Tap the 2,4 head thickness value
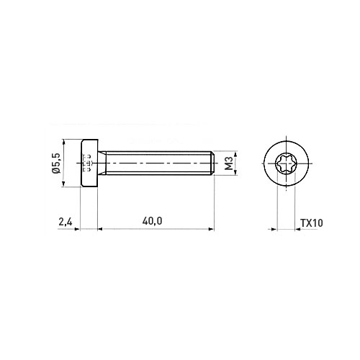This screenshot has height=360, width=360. (x=66, y=222)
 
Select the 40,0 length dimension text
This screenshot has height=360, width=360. (x=152, y=221)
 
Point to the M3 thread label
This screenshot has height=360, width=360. (x=230, y=163)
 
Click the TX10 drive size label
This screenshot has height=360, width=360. (x=312, y=223)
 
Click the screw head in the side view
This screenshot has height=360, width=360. (x=89, y=163)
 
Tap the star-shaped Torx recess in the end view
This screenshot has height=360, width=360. (x=287, y=163)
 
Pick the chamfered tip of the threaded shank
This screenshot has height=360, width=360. (x=212, y=163)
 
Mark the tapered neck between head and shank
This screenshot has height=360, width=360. (x=102, y=163)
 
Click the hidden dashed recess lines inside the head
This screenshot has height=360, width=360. (x=87, y=163)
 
